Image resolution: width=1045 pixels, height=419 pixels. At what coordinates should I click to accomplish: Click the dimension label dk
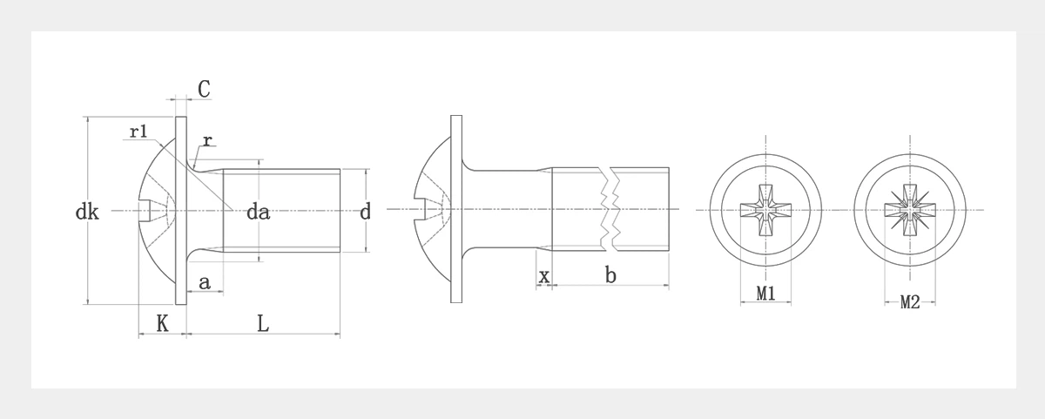coord(86,211)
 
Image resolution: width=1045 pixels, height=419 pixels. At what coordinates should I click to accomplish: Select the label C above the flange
coord(203,89)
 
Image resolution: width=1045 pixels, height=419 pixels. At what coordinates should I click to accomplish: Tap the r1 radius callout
coord(138,132)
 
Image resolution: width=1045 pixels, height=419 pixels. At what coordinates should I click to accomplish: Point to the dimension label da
coord(258,211)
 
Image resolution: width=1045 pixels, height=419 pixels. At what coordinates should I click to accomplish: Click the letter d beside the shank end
coord(365,211)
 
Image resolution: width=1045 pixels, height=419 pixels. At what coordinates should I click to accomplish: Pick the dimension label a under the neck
coord(205,281)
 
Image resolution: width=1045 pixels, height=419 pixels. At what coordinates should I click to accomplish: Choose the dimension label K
coord(162,323)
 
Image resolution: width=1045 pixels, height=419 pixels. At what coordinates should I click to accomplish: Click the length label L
coord(263,323)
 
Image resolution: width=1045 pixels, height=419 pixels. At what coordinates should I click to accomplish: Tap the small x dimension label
coord(544,276)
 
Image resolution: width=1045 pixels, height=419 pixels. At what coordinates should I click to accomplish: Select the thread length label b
coord(610,276)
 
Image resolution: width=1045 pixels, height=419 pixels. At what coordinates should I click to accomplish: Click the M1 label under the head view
coord(765,294)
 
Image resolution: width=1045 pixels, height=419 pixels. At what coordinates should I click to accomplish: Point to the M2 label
coord(910,302)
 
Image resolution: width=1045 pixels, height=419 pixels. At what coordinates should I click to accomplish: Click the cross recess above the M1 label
coord(765,210)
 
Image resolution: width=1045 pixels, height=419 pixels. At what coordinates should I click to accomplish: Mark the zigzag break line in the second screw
coord(608,210)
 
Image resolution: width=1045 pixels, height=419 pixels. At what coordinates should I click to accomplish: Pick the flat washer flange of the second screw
coord(456,261)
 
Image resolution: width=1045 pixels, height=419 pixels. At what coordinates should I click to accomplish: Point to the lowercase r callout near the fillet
coord(207,141)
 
